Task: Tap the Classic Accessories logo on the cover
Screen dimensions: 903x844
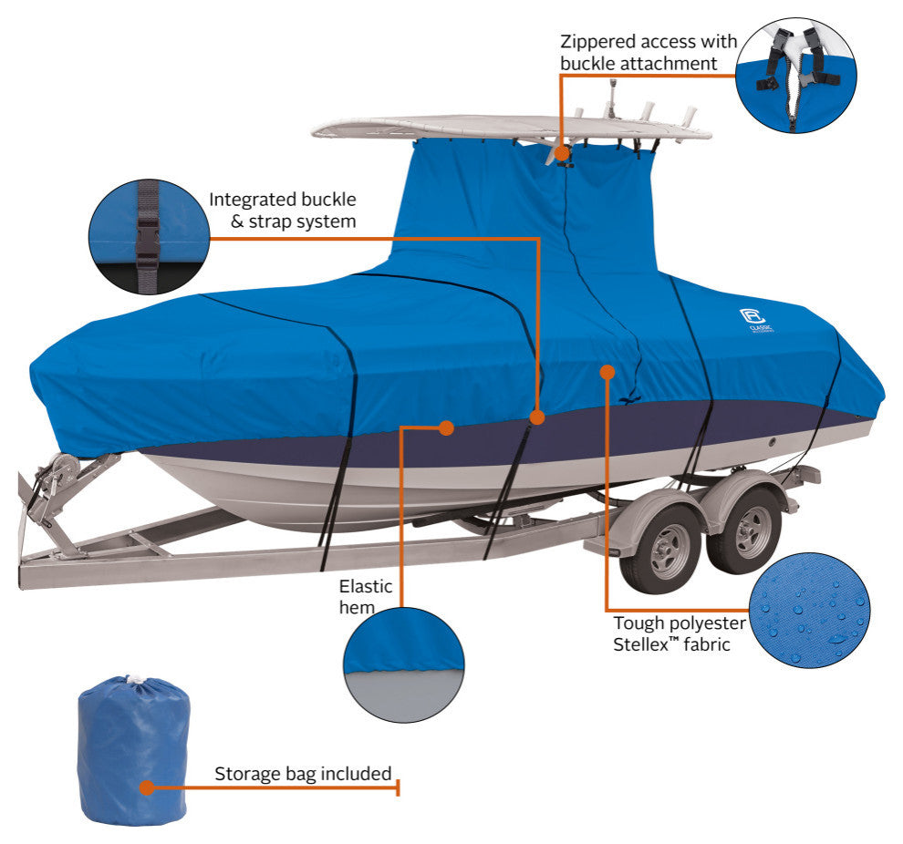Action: click(754, 321)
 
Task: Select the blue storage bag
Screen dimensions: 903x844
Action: click(133, 751)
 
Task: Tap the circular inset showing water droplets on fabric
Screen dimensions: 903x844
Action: click(809, 611)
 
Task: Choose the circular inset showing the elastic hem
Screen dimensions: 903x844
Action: click(403, 665)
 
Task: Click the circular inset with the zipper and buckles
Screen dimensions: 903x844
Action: click(796, 76)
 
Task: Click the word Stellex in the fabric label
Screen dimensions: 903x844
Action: click(639, 645)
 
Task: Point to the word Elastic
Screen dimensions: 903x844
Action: click(365, 586)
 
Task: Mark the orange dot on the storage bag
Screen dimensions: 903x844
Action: click(148, 787)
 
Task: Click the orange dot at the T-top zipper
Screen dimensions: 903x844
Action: click(562, 153)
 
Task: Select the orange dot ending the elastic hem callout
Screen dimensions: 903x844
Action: click(446, 427)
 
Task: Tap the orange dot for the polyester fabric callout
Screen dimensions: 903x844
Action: click(607, 372)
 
